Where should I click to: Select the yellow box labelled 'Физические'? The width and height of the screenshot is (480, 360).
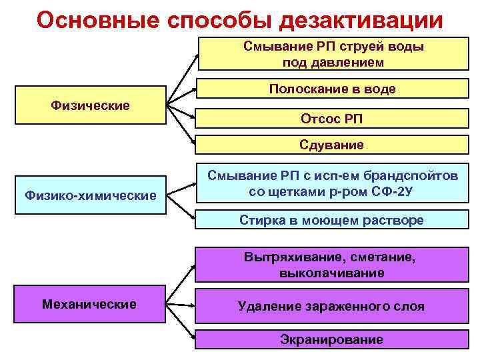[90, 105]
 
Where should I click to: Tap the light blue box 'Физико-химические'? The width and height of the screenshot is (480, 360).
[90, 195]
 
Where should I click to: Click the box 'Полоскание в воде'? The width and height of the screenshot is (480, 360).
[332, 89]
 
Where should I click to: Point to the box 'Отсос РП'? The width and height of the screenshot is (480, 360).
[332, 118]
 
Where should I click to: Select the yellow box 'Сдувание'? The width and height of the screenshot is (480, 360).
[332, 145]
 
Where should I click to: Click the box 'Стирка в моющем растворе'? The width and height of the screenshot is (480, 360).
[332, 221]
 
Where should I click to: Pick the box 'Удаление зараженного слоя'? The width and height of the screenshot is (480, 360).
[332, 307]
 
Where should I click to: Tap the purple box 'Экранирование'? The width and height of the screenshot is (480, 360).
[332, 340]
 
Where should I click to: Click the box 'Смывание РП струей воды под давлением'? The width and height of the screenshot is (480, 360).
[332, 54]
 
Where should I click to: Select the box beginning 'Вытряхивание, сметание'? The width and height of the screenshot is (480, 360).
[332, 265]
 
